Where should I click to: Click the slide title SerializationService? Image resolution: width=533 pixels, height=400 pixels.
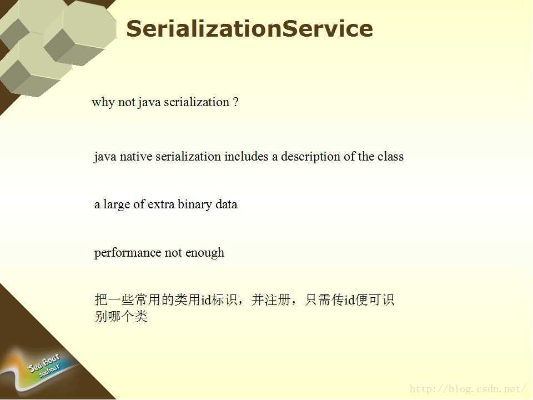point(249,28)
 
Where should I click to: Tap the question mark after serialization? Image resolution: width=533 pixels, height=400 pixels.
point(236,102)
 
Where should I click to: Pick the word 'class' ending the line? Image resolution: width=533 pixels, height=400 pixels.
point(390,157)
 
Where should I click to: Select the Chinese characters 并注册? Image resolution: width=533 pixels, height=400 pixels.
point(271,300)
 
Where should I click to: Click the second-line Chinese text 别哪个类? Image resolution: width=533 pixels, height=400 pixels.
point(121,316)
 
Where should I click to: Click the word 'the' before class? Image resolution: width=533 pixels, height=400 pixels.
point(366,157)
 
